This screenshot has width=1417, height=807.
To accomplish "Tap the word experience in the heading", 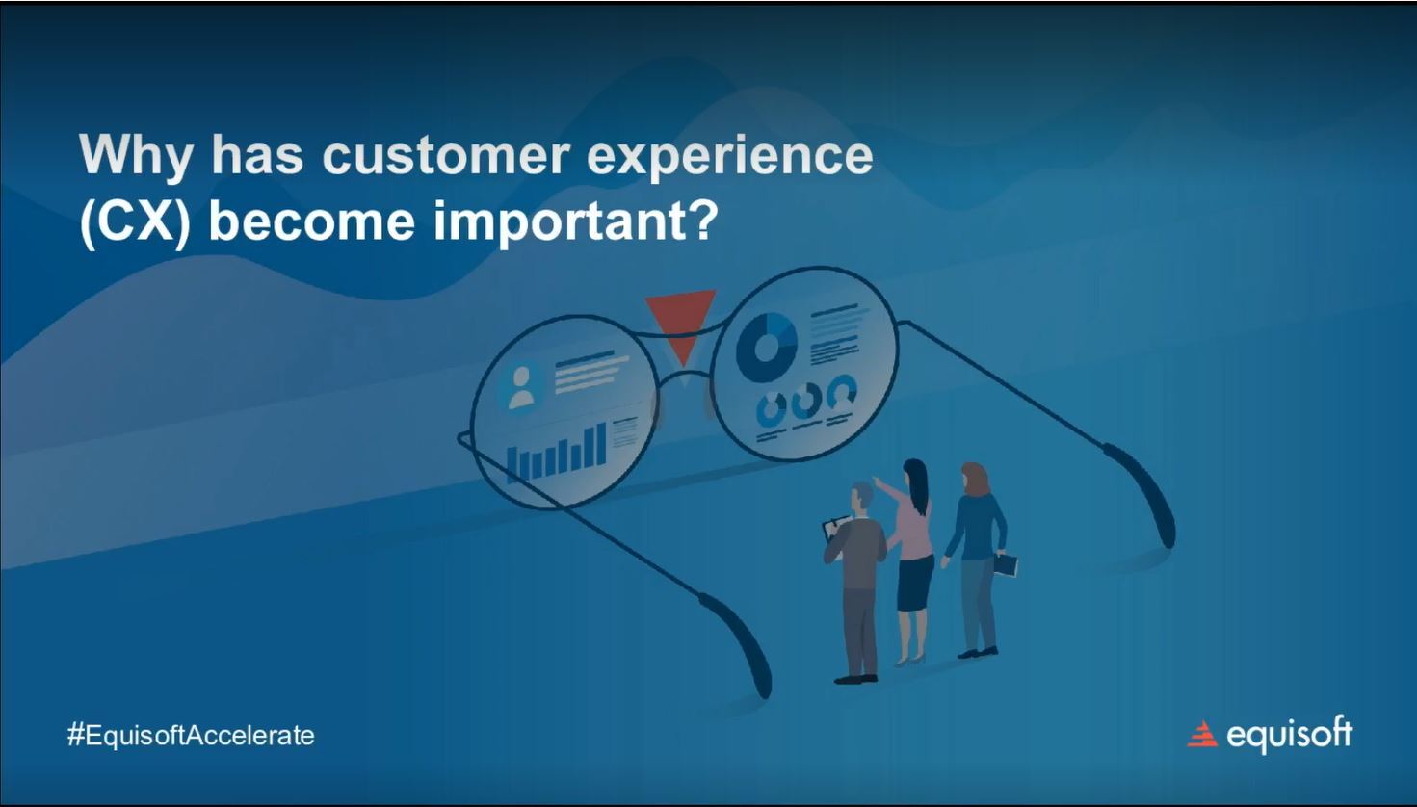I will point(729,157).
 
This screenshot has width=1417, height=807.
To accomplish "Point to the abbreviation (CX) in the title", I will point(135,221).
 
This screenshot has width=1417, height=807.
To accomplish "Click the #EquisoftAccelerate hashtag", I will point(191,736).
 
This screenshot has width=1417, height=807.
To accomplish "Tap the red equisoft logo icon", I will point(1202,735).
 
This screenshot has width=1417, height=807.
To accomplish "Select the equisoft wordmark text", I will point(1289,735).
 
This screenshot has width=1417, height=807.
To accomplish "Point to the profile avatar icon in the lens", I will point(521,387).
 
